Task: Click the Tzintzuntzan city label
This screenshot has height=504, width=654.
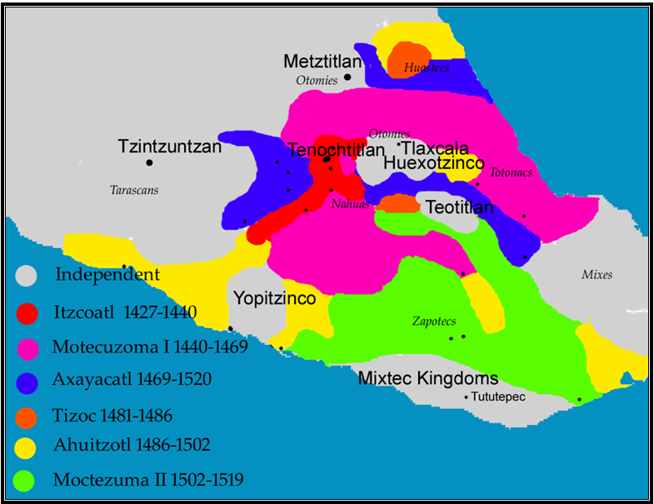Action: pos(169,147)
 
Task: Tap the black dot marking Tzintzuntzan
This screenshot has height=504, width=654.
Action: pos(149,162)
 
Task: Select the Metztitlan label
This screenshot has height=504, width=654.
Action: pos(322,62)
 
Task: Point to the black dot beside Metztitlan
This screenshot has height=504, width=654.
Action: pos(348,77)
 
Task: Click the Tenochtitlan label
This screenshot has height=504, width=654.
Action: pos(336,150)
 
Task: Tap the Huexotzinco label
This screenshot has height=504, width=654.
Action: pos(434,164)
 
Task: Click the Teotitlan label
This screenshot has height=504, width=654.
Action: pos(459,207)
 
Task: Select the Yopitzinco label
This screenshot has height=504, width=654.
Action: pos(274,297)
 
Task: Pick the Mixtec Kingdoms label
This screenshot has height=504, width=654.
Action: pos(428,378)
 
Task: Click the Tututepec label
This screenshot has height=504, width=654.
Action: pos(499,397)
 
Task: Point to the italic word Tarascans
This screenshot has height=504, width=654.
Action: pos(134,190)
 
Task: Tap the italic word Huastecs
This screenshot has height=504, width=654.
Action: pos(427,67)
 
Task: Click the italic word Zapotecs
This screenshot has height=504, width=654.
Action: pos(433,321)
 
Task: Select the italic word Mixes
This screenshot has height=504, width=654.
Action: pos(597,274)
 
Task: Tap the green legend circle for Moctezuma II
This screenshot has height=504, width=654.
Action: pos(27,480)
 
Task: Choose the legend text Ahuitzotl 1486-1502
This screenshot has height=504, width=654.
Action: pos(131,445)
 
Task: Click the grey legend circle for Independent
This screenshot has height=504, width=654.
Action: pos(27,274)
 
